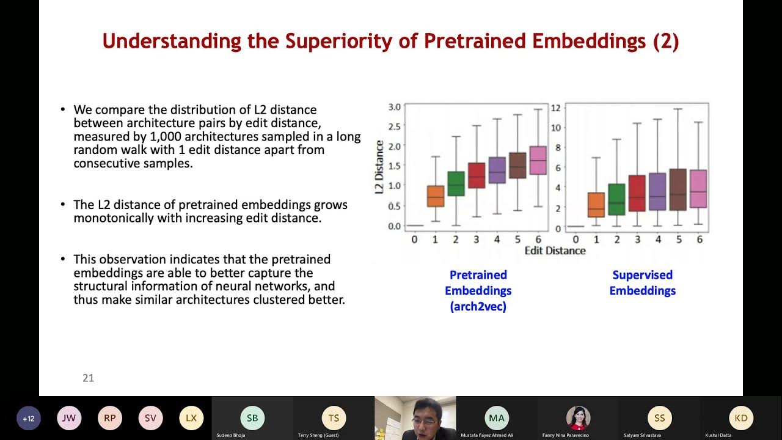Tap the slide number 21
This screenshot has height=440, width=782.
[88, 378]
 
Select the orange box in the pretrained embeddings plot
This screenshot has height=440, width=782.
[435, 196]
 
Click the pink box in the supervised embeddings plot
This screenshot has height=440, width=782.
[698, 189]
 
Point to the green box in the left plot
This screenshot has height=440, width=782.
[456, 183]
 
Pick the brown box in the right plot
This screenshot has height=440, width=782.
[678, 189]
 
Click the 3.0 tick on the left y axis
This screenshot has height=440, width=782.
[394, 107]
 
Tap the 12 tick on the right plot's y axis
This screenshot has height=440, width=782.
[555, 108]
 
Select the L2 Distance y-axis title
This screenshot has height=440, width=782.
[379, 167]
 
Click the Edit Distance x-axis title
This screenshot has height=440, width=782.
[555, 251]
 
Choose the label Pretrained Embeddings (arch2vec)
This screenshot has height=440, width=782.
[478, 291]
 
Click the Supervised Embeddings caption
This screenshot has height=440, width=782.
[642, 283]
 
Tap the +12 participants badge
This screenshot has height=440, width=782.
[29, 419]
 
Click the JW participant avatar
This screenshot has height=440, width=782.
[69, 418]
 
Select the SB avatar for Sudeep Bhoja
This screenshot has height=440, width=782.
[252, 418]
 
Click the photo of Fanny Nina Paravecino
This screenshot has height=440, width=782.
[577, 417]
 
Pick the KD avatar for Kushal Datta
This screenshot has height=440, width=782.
[740, 418]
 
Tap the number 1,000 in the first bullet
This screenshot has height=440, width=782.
[167, 136]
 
